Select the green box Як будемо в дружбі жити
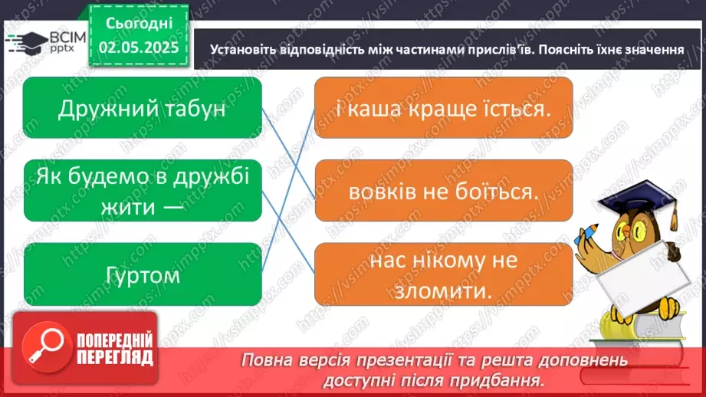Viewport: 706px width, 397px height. [x=143, y=190]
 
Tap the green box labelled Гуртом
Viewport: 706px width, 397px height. [x=143, y=274]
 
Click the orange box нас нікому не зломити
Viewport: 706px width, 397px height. [x=444, y=274]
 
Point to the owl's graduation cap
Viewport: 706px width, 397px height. [x=641, y=202]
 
